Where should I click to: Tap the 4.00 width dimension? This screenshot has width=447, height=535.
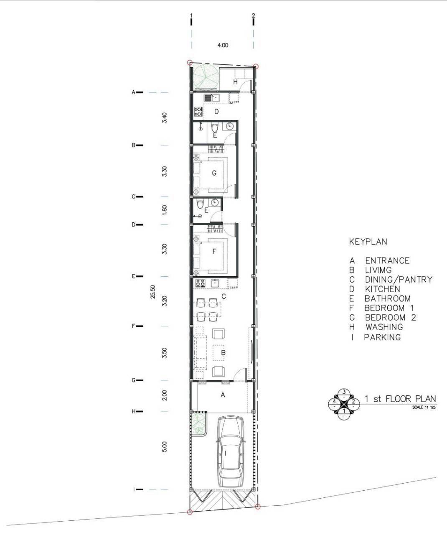click(x=223, y=46)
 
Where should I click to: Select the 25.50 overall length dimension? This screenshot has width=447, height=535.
click(x=153, y=292)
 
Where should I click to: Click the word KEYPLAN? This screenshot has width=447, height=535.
click(x=368, y=242)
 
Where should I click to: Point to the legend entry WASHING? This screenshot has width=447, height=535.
click(x=384, y=327)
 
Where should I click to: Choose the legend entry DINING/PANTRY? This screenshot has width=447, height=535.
click(x=399, y=279)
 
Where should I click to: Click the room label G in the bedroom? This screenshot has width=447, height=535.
click(x=214, y=173)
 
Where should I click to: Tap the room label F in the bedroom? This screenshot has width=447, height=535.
click(x=214, y=251)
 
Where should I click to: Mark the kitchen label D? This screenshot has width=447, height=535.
click(x=216, y=112)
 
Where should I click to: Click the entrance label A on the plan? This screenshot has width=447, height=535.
click(x=223, y=395)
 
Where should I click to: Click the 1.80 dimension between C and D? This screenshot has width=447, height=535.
click(x=165, y=210)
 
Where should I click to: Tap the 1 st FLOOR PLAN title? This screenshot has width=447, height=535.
click(x=400, y=399)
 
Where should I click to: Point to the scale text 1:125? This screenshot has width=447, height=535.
click(x=424, y=407)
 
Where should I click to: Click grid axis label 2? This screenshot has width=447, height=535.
click(x=254, y=15)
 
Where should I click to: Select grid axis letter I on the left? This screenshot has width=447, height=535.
click(x=134, y=489)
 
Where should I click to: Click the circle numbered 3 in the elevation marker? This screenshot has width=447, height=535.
click(x=344, y=392)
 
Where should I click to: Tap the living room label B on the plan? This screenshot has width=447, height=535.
click(x=223, y=353)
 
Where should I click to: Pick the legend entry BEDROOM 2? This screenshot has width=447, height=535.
click(x=390, y=318)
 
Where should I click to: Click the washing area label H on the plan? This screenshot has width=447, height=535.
click(x=236, y=82)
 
